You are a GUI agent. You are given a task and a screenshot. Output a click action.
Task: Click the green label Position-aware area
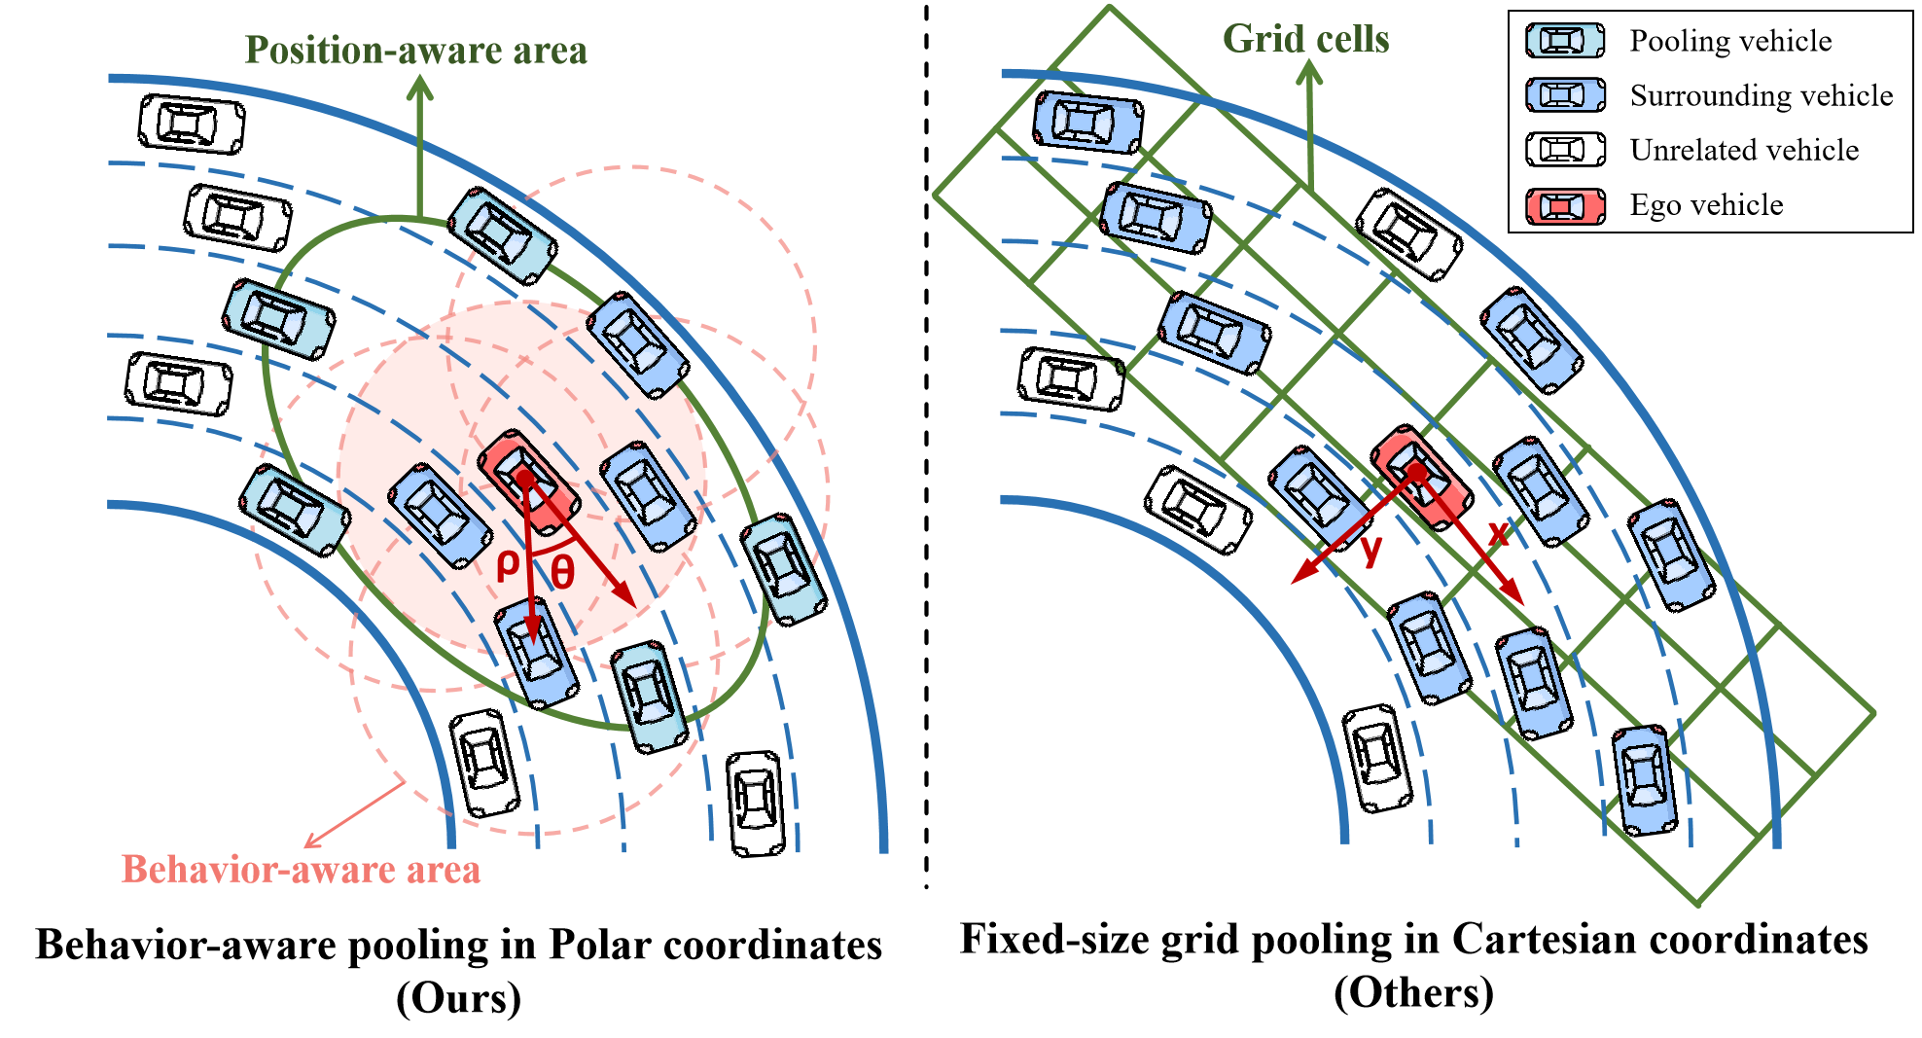click(415, 51)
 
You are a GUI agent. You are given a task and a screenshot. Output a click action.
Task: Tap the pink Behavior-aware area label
click(301, 869)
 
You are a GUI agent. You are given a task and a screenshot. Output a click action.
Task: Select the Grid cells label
click(1305, 39)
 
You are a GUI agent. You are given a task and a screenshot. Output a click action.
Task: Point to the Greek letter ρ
click(507, 563)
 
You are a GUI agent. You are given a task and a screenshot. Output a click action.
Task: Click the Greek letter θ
click(562, 572)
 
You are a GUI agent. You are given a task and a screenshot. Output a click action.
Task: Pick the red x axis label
click(1498, 532)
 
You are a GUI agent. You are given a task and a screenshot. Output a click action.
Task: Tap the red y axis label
click(1371, 550)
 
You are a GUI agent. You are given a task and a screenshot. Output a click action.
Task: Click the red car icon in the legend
click(1565, 206)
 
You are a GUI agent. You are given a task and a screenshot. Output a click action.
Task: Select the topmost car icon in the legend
click(1565, 41)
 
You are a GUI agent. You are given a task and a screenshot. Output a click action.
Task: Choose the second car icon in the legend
click(1565, 94)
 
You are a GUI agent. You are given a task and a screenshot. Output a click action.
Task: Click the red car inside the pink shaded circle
click(528, 482)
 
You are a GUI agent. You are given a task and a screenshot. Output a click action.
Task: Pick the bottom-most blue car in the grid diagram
click(1645, 780)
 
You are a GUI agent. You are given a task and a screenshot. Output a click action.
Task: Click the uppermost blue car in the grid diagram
click(1086, 123)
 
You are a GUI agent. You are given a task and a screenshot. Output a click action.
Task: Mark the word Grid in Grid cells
click(1257, 39)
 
